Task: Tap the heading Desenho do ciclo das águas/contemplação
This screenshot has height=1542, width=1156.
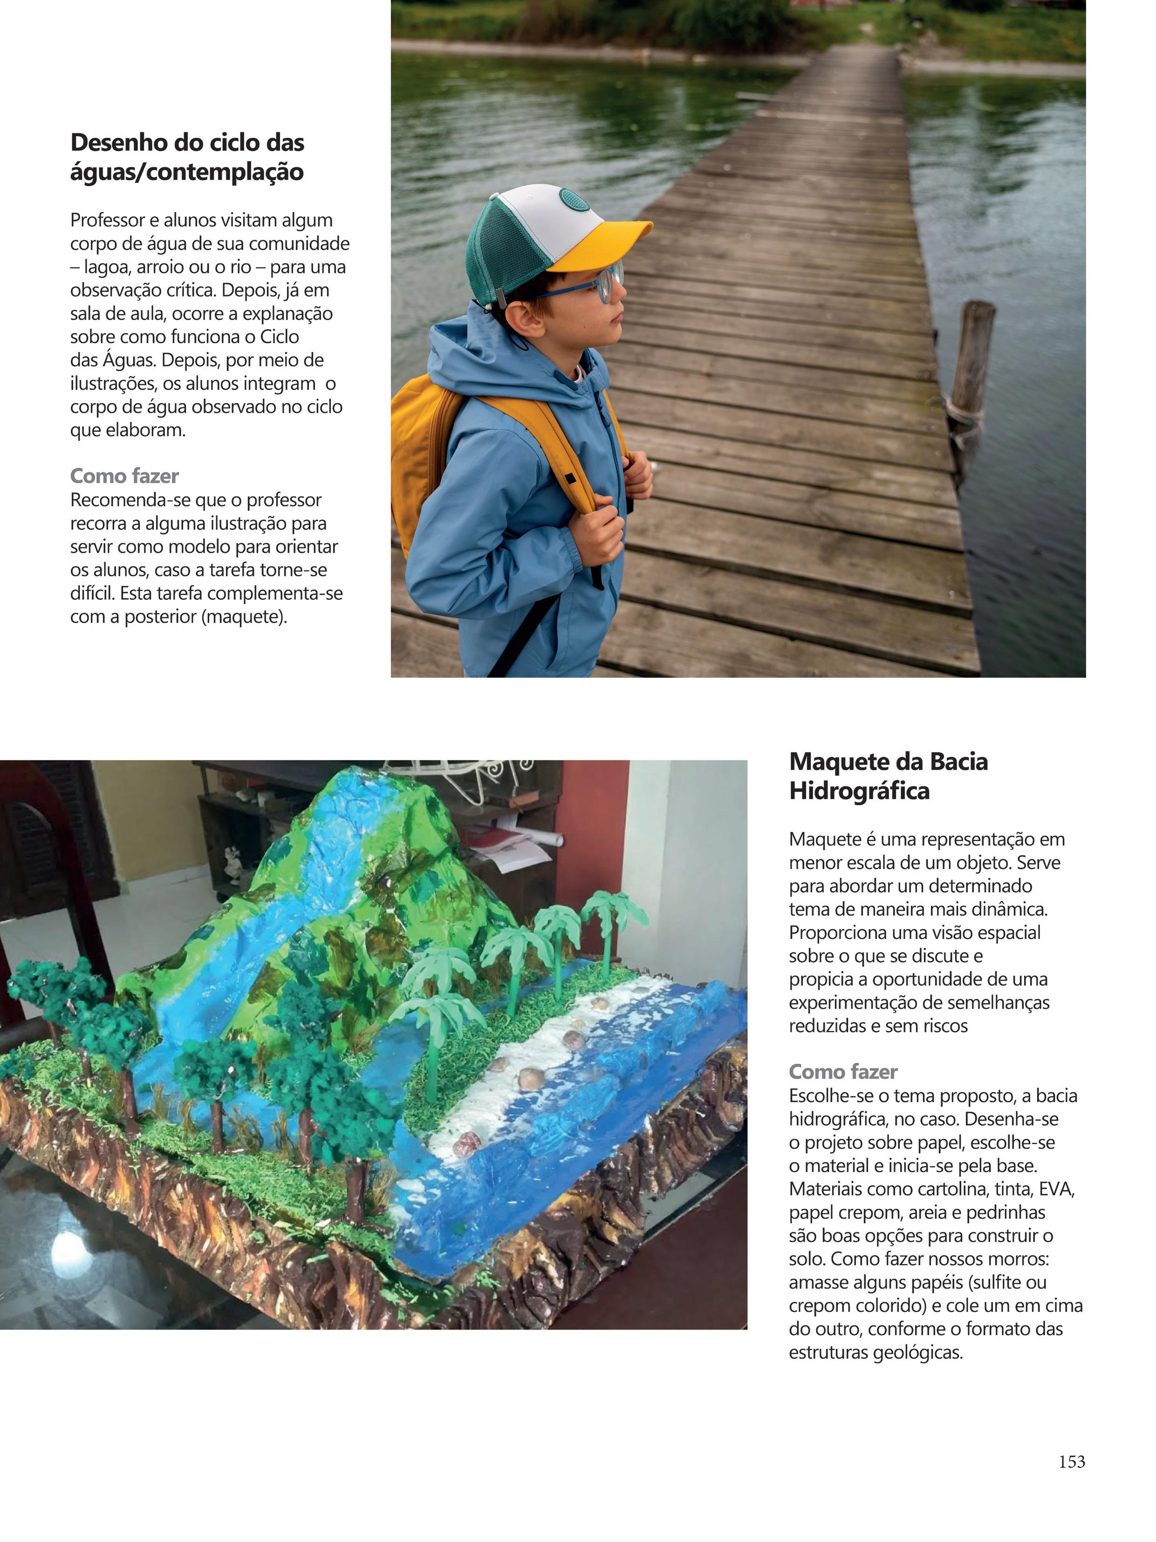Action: (187, 157)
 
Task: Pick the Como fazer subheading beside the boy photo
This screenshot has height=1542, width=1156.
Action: (124, 476)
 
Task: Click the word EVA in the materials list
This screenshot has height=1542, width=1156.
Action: (1056, 1189)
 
